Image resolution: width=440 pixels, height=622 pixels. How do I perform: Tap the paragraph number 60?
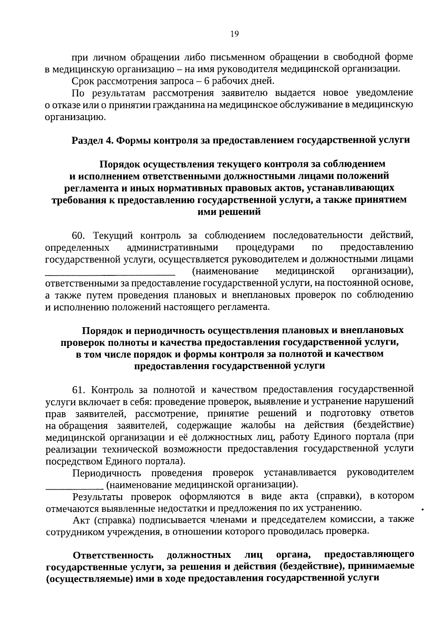79,235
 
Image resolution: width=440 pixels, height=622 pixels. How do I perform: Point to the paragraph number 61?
79,389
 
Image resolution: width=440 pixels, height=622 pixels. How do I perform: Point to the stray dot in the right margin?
423,509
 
